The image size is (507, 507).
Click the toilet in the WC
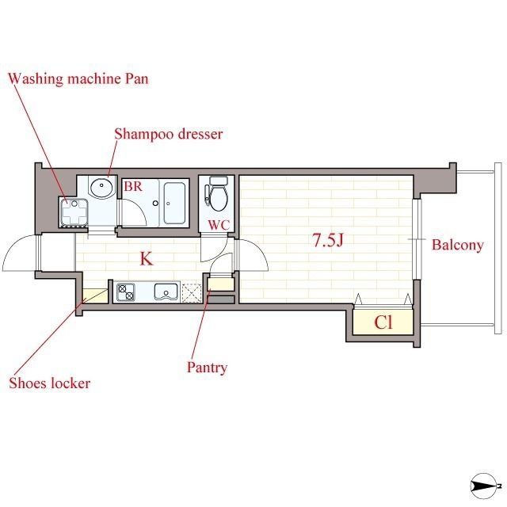(x=219, y=193)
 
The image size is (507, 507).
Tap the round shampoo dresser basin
(x=102, y=187)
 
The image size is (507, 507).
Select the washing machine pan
(x=74, y=212)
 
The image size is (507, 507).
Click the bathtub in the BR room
(x=174, y=203)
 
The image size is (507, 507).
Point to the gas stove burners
(x=126, y=292)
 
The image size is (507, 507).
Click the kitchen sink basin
(x=166, y=292)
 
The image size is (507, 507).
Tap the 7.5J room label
(x=327, y=240)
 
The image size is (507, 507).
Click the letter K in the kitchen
(x=146, y=259)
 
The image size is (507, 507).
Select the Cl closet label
(x=383, y=322)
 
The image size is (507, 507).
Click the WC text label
(x=219, y=225)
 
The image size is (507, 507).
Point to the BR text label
(x=133, y=186)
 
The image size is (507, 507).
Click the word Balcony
(x=458, y=245)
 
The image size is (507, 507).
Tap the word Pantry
(x=207, y=368)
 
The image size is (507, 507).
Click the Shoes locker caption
(x=49, y=383)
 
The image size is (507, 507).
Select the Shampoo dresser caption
(x=169, y=134)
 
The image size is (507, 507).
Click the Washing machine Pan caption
(x=78, y=79)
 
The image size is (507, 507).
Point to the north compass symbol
(x=483, y=486)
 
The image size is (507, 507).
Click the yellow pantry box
(x=221, y=284)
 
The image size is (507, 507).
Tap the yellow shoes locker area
(x=95, y=295)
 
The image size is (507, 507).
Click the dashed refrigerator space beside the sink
(x=192, y=292)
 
